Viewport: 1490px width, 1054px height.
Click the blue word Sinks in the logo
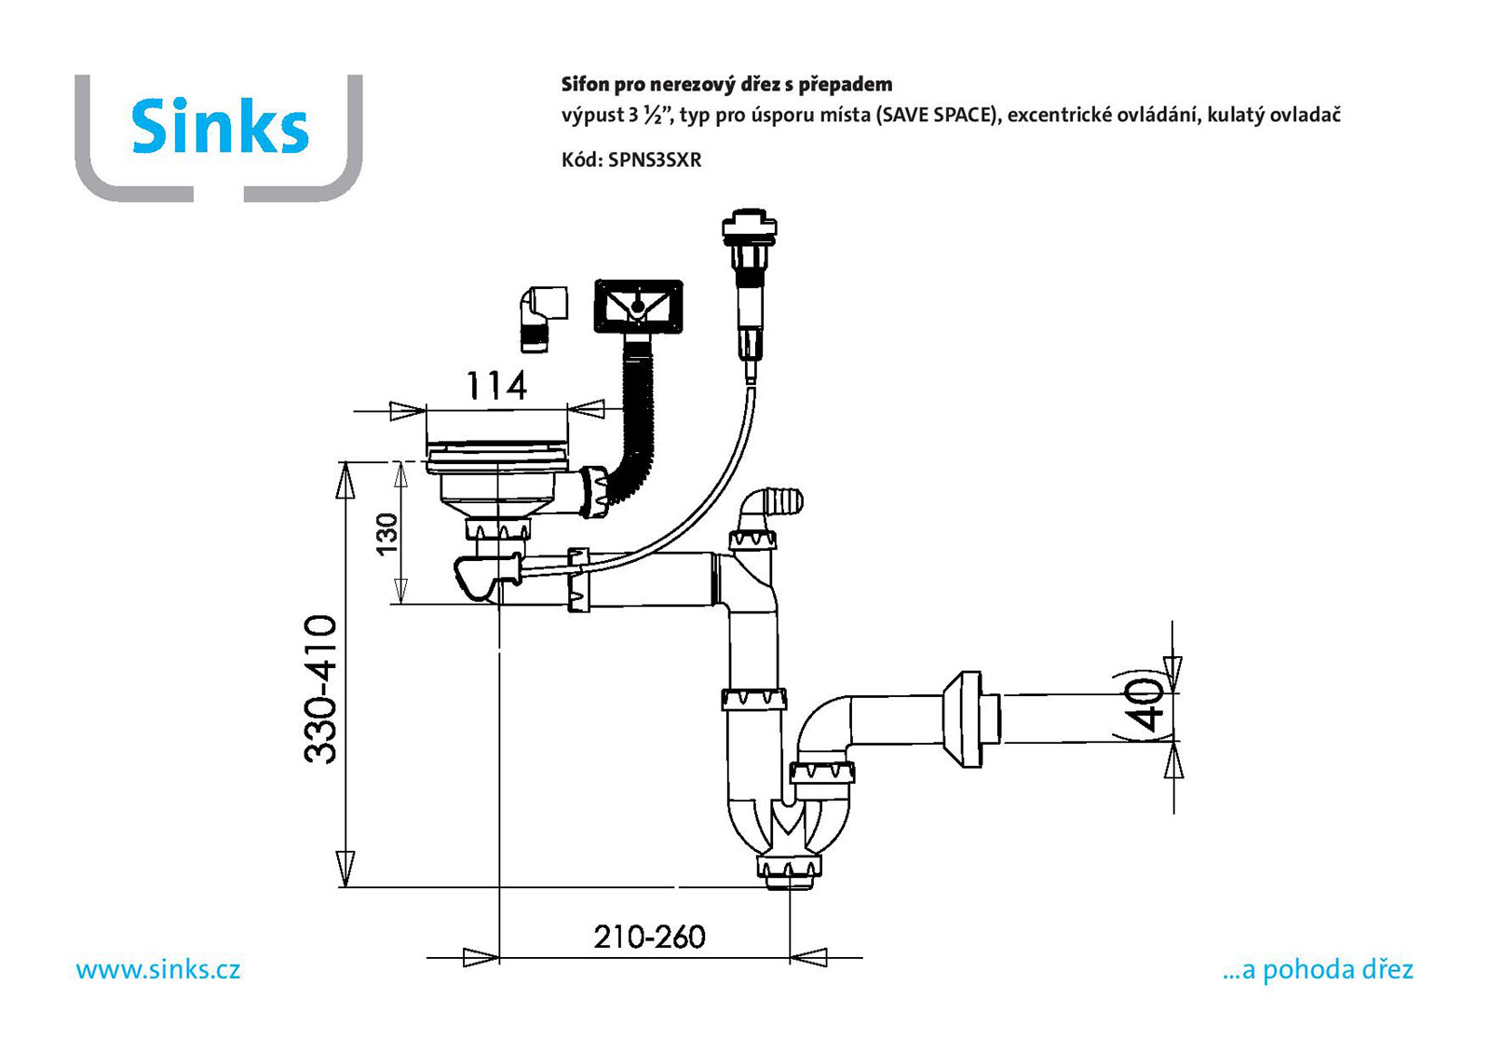point(220,126)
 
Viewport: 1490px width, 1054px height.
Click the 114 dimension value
point(497,386)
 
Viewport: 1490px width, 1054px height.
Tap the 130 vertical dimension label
point(386,533)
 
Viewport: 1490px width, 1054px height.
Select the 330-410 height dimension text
point(320,689)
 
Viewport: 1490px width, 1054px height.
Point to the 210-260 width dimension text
point(649,938)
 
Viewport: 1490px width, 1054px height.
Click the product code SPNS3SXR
point(655,160)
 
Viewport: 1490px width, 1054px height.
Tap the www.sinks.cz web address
point(158,969)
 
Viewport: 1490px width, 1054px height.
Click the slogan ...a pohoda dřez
point(1318,969)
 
